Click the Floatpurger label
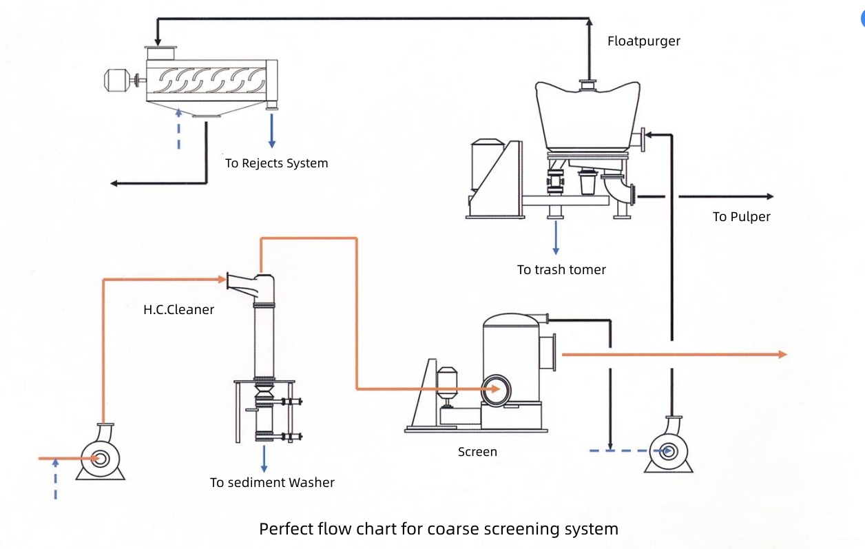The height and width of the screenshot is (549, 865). click(643, 41)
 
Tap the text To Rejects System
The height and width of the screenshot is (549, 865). click(276, 163)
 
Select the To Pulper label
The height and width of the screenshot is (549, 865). click(741, 216)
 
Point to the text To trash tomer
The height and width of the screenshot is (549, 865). click(561, 269)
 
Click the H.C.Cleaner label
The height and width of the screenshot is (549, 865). click(178, 309)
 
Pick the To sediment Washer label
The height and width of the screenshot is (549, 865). click(272, 482)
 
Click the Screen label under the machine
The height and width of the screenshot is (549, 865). click(477, 452)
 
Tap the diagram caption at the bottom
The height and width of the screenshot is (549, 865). click(439, 529)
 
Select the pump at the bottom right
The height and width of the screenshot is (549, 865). click(667, 448)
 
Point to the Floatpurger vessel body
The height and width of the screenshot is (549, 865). click(587, 117)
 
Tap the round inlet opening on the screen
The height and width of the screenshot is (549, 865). click(495, 391)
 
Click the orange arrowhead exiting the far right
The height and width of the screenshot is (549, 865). click(782, 354)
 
